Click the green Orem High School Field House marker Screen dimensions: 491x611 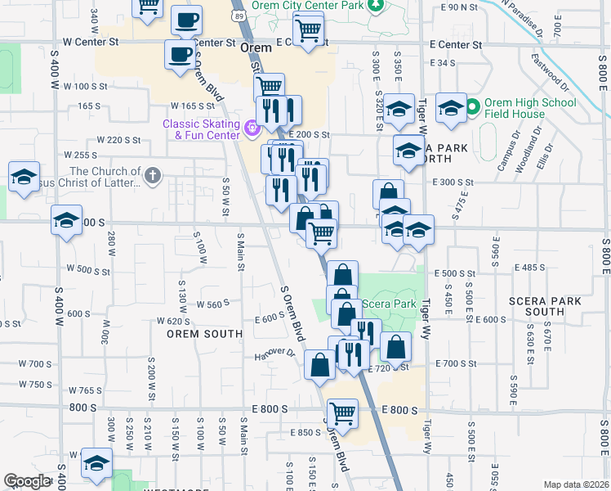[x=472, y=107]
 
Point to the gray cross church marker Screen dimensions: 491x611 [x=153, y=175]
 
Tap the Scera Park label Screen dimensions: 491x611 [x=388, y=304]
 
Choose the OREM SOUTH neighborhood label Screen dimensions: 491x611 [x=204, y=334]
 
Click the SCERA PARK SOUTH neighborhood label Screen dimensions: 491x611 [x=536, y=306]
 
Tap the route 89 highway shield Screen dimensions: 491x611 [x=238, y=16]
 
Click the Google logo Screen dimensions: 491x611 [x=27, y=481]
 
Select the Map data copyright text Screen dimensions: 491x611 [x=576, y=484]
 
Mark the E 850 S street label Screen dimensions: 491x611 [x=304, y=432]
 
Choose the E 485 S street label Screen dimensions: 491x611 [x=531, y=268]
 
